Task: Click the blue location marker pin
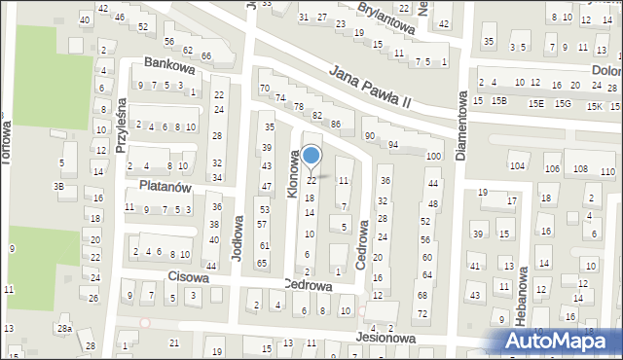pyautogui.click(x=311, y=156)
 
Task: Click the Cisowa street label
pyautogui.click(x=186, y=276)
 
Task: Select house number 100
pyautogui.click(x=432, y=157)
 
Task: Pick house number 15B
pyautogui.click(x=499, y=101)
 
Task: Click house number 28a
pyautogui.click(x=64, y=331)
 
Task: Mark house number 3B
pyautogui.click(x=58, y=186)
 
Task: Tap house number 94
pyautogui.click(x=393, y=145)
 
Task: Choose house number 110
pyautogui.click(x=607, y=171)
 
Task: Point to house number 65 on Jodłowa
pyautogui.click(x=261, y=263)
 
